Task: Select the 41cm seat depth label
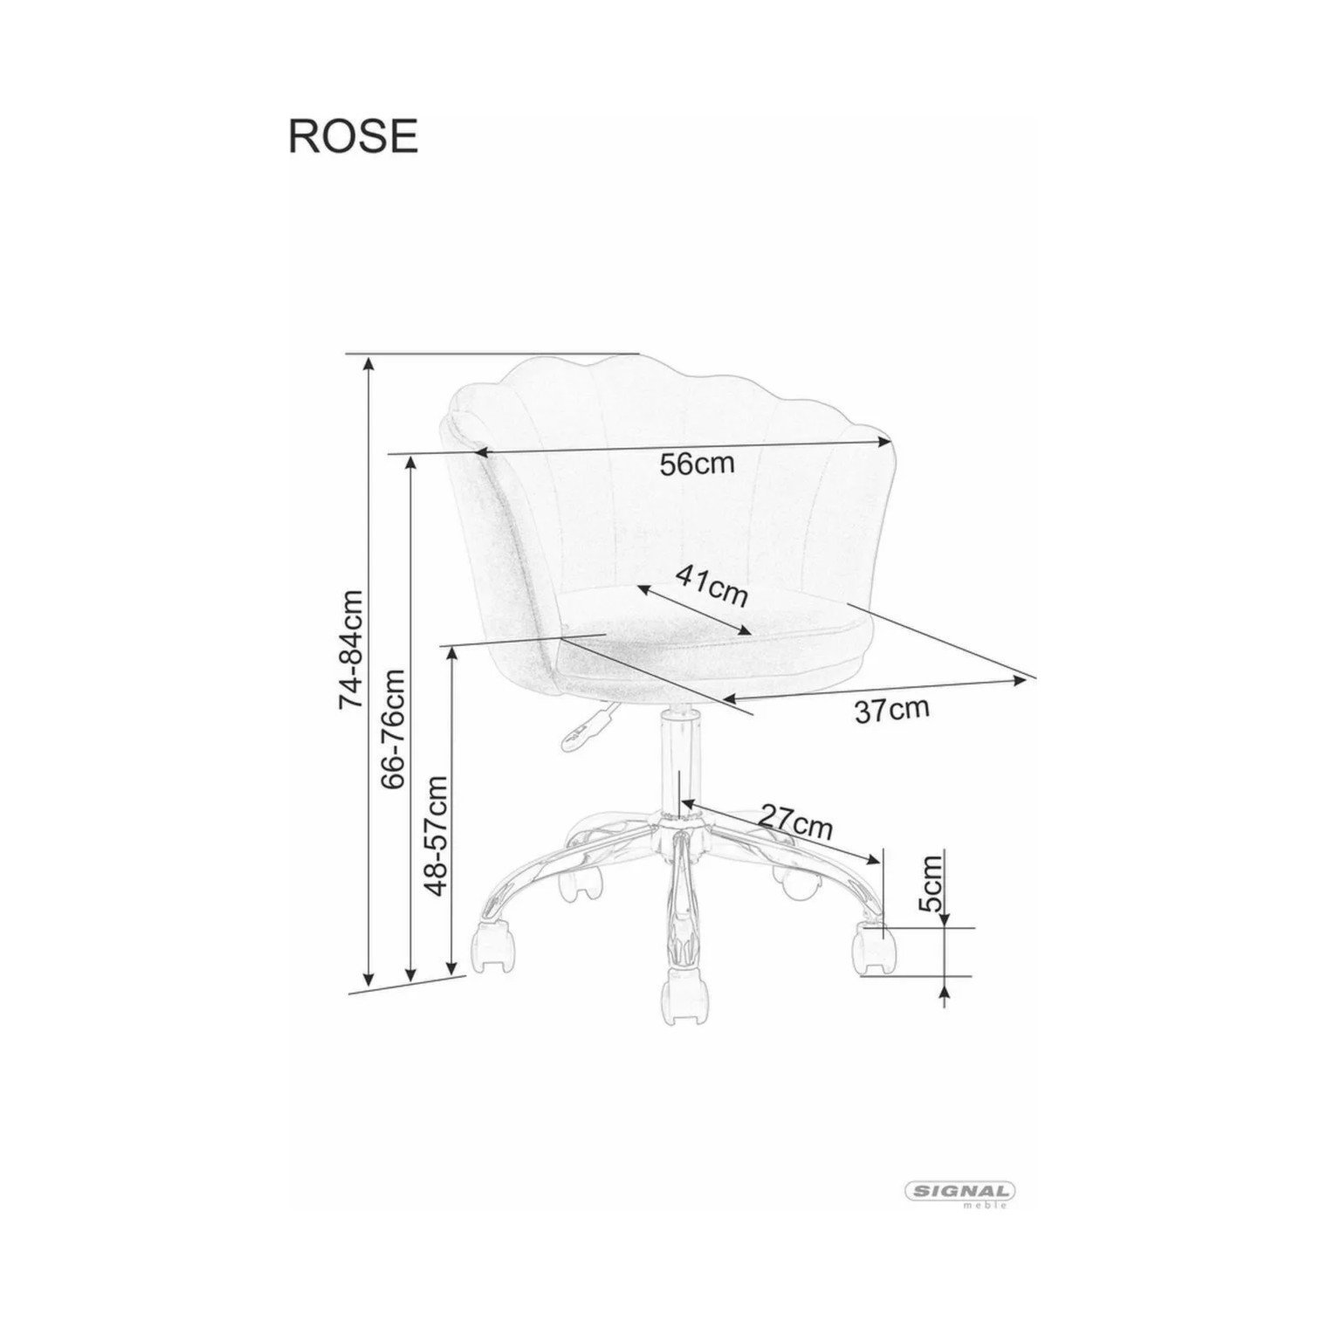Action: [712, 584]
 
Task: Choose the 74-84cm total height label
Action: [351, 650]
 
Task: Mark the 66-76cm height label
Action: [394, 729]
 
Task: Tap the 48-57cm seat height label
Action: [436, 835]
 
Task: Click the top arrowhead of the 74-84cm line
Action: [369, 363]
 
